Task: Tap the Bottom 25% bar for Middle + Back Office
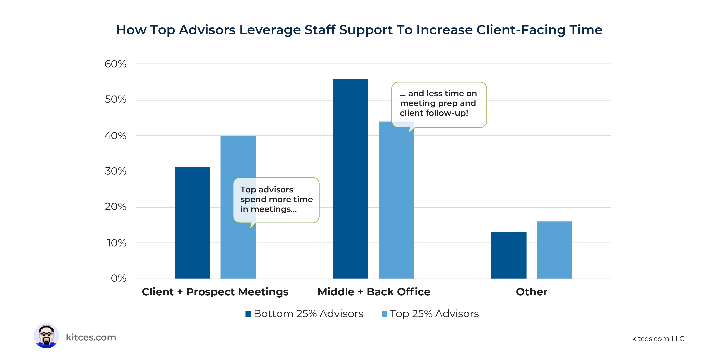click(350, 179)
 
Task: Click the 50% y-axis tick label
click(115, 100)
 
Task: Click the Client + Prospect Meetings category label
click(215, 292)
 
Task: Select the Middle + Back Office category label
click(374, 292)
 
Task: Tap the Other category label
click(532, 292)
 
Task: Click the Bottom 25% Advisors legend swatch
click(248, 314)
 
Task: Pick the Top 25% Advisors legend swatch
click(384, 314)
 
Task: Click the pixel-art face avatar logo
click(46, 336)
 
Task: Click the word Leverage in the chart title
click(270, 30)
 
